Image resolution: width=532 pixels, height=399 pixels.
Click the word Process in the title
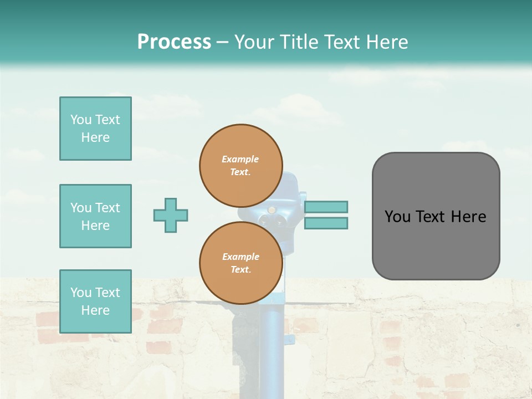[x=174, y=42]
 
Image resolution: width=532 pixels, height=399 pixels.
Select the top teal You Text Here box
[x=95, y=129]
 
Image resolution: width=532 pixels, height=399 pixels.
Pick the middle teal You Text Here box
[x=95, y=216]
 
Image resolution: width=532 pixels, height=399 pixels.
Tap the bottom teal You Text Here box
[x=95, y=301]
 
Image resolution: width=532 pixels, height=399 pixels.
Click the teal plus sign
[x=171, y=215]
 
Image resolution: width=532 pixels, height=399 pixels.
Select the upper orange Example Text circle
[x=241, y=165]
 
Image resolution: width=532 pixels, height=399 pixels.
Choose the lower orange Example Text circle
[x=241, y=263]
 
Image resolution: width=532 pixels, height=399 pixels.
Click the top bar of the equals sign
[x=326, y=207]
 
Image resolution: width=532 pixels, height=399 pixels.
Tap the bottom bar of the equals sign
[x=326, y=223]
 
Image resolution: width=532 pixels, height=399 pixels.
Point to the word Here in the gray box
[x=469, y=217]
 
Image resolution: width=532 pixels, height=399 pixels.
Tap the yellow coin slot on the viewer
[x=272, y=209]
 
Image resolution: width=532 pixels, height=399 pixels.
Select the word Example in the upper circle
[x=241, y=159]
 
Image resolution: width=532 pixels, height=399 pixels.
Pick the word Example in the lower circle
[x=241, y=257]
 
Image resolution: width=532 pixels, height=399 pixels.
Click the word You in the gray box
[x=397, y=217]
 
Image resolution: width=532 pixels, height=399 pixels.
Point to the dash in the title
[x=222, y=42]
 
